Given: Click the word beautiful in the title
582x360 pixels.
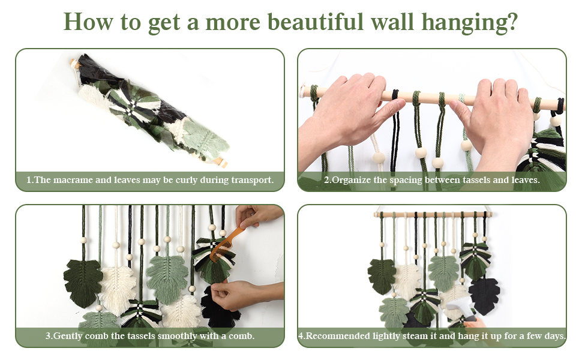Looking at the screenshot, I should [x=314, y=22].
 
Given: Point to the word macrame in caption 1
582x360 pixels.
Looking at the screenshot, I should [x=85, y=180].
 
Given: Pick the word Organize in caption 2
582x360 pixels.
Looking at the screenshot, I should [x=354, y=180].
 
